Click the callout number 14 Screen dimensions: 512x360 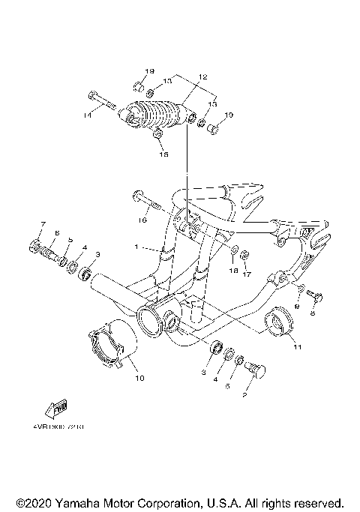(88, 115)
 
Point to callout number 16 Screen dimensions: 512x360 (140, 221)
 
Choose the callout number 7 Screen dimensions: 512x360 (43, 225)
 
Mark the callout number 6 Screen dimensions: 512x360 (56, 233)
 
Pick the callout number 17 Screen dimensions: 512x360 (244, 274)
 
